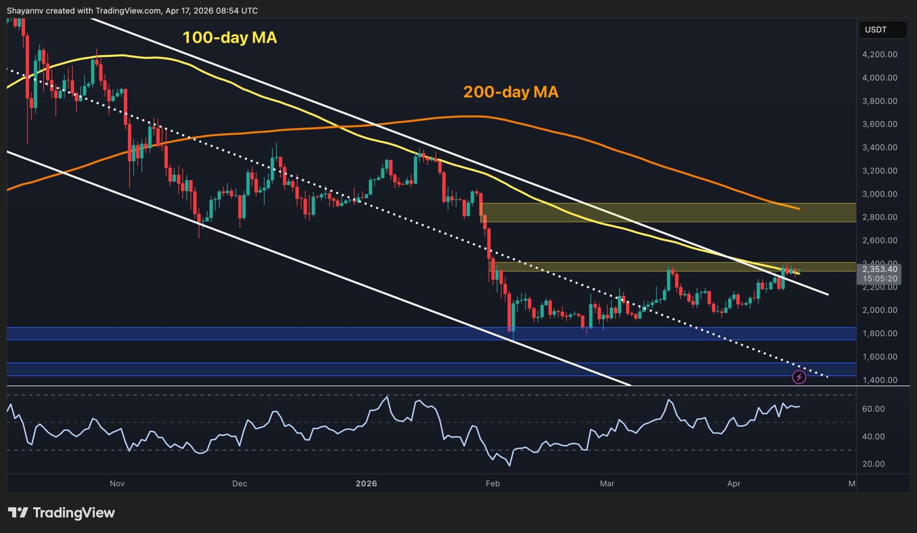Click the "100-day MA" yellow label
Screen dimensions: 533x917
click(229, 38)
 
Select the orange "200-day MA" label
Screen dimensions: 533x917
click(510, 92)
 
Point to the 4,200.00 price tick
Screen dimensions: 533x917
click(879, 54)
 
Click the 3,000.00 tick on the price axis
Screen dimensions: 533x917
click(879, 194)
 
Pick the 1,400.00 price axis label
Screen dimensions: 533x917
click(879, 380)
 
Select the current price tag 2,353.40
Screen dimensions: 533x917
click(879, 270)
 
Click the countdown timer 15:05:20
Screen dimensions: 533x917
click(879, 279)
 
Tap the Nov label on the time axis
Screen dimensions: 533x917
click(117, 484)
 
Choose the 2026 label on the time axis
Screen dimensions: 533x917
click(366, 484)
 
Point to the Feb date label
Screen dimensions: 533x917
click(493, 484)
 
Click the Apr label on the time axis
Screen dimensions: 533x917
click(734, 484)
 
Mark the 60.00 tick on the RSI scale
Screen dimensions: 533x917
click(873, 409)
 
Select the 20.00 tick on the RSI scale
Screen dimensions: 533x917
click(873, 464)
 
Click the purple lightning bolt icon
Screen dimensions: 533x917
click(799, 377)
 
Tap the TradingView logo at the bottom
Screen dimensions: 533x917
click(61, 513)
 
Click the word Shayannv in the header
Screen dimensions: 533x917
click(25, 11)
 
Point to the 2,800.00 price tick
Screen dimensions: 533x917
click(879, 217)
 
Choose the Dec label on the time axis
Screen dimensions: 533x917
click(239, 484)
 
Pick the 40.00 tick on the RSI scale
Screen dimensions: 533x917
click(873, 436)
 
